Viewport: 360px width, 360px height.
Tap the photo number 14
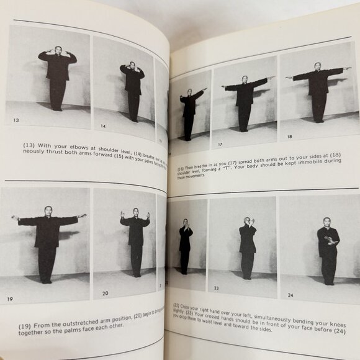102,127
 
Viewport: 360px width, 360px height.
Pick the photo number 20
104,293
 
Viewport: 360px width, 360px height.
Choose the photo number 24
287,295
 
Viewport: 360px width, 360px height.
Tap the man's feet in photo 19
47,281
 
